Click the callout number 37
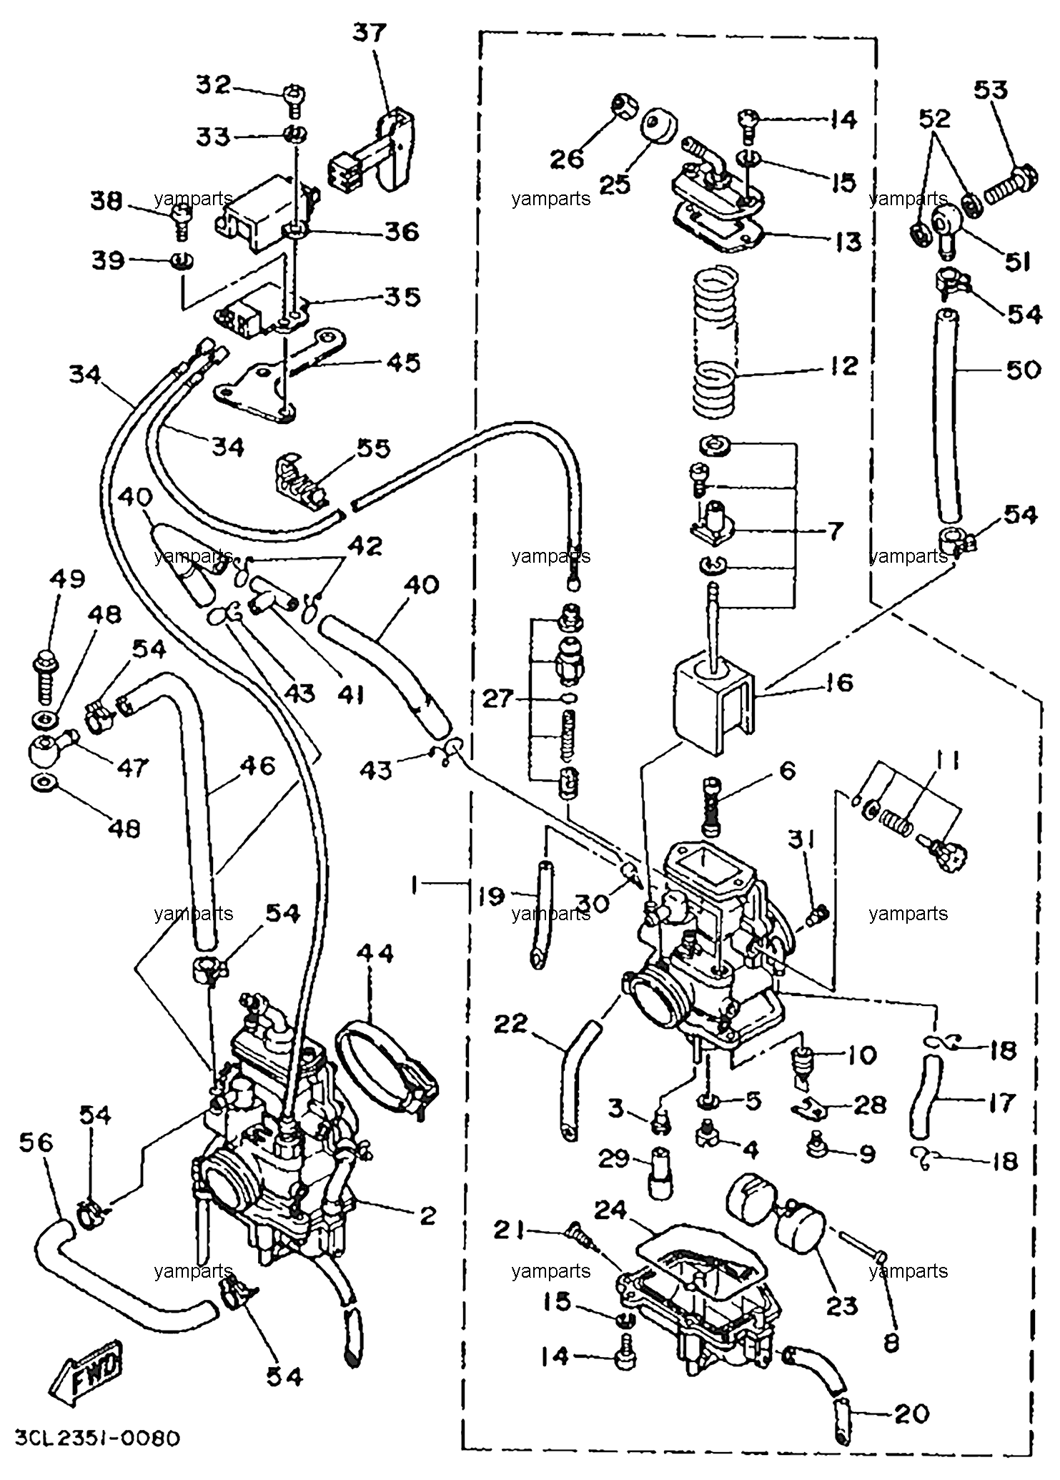pos(369,34)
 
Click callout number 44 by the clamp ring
pos(375,954)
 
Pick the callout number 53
pos(991,91)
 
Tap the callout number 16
pos(839,683)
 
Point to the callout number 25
pos(615,184)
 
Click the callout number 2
pos(427,1215)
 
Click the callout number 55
pos(373,450)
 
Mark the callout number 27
pos(498,698)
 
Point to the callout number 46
pos(258,766)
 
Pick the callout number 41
pos(350,694)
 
